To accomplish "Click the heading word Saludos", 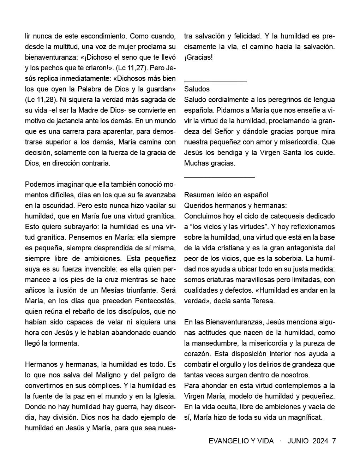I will point(197,89).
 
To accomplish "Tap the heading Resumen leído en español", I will point(226,195).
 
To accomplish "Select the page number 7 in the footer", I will point(334,441).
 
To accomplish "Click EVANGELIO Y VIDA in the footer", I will point(241,441).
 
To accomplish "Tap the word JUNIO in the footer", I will point(298,441).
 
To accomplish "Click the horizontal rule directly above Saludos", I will point(215,82).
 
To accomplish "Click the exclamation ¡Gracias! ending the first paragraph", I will point(198,57).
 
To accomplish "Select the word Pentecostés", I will point(155,301).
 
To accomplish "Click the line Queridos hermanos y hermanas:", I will point(235,205).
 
